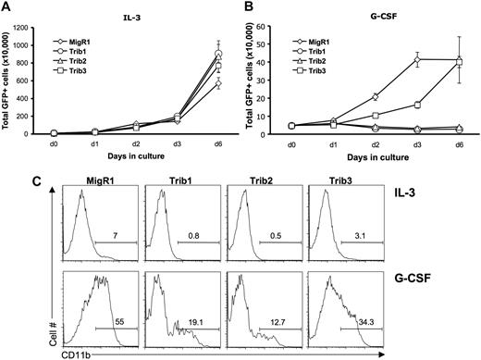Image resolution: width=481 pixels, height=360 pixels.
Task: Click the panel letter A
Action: [7, 7]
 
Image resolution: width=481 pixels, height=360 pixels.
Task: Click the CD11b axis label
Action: [77, 352]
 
